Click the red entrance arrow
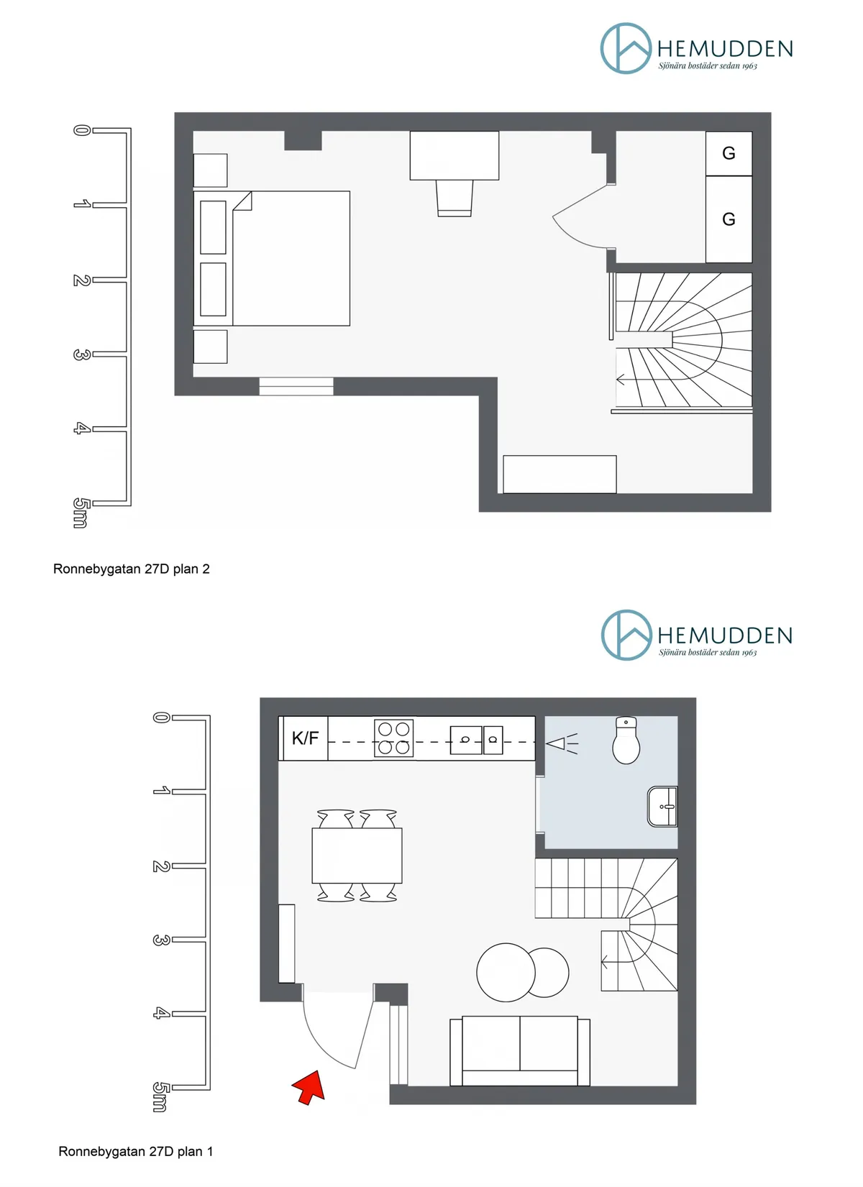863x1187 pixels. click(x=309, y=1086)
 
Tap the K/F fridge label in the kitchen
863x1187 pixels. click(x=305, y=738)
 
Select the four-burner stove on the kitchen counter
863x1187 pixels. click(x=394, y=738)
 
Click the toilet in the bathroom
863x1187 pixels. click(x=626, y=742)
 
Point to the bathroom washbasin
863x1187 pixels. click(x=663, y=807)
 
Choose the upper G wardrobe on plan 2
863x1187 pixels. click(x=729, y=153)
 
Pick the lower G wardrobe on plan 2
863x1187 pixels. click(x=729, y=219)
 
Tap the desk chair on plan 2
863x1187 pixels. click(x=455, y=198)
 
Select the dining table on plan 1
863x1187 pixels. click(x=357, y=856)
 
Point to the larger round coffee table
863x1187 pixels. click(x=506, y=972)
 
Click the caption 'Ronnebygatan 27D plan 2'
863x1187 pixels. click(x=132, y=569)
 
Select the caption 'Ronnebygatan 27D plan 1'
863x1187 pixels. click(x=136, y=1151)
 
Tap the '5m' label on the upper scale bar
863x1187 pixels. click(x=81, y=513)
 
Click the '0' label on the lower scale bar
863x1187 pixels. click(x=161, y=717)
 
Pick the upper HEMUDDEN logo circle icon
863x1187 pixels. click(x=626, y=48)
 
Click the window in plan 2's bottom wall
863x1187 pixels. click(x=296, y=386)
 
